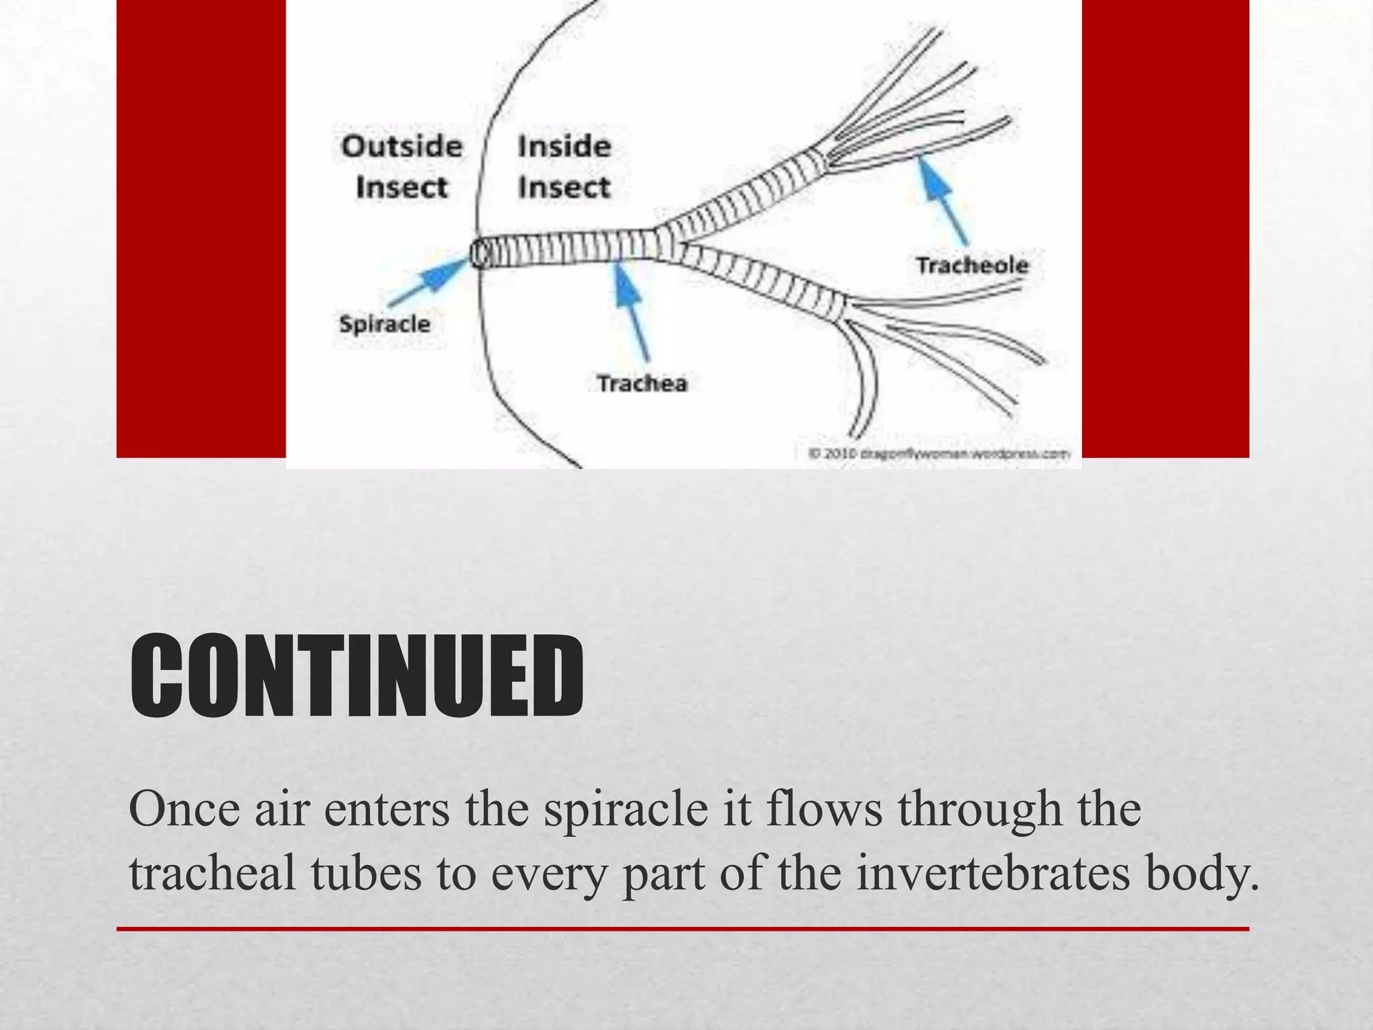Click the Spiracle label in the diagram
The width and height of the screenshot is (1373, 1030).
coord(384,324)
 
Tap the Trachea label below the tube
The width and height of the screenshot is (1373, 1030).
coord(642,384)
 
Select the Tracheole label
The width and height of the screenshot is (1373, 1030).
coord(972,266)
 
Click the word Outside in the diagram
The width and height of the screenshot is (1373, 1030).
coord(402,146)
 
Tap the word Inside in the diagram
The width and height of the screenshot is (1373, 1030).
coord(564,146)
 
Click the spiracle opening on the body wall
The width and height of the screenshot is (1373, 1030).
coord(479,254)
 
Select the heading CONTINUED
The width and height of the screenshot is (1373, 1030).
coord(357,677)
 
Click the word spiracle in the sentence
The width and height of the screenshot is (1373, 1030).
coord(625,809)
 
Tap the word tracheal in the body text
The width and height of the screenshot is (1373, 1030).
coord(212,873)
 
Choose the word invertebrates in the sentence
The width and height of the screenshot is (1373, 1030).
coord(993,873)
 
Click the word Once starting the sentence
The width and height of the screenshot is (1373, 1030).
coord(184,809)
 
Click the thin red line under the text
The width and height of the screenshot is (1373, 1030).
coord(682,929)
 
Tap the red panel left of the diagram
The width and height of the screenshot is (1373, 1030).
coord(201,228)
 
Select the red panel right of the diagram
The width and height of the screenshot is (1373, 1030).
coord(1165,228)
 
